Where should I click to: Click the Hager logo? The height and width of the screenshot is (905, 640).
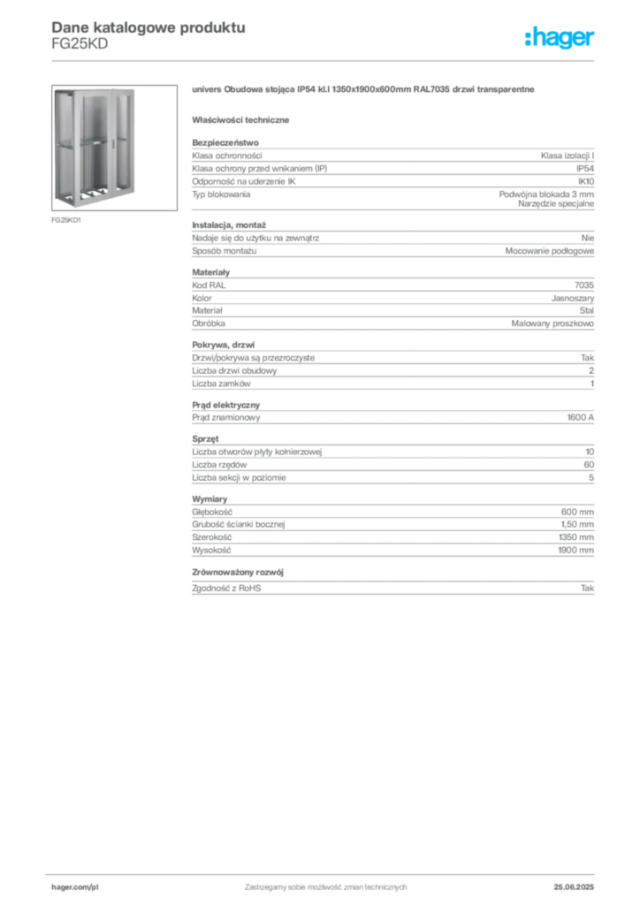click(x=560, y=37)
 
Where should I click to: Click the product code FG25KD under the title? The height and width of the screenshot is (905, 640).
click(x=80, y=44)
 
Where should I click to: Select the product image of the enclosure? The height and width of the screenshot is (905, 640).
click(x=114, y=148)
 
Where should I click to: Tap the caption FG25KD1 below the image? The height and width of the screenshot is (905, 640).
click(x=66, y=220)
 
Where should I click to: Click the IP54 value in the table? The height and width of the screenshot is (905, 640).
click(x=585, y=169)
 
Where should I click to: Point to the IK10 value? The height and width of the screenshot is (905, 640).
click(x=586, y=181)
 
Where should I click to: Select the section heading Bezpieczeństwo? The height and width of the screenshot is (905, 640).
click(x=225, y=142)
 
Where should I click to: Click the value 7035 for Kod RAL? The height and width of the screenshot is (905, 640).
click(x=584, y=285)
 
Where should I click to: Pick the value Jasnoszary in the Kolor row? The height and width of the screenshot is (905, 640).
click(x=573, y=299)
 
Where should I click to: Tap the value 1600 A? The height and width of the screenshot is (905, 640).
click(x=581, y=417)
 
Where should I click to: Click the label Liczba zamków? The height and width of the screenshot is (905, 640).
click(x=221, y=384)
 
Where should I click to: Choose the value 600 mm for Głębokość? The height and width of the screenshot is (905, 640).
click(x=577, y=512)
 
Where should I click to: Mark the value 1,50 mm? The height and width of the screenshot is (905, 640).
click(x=577, y=525)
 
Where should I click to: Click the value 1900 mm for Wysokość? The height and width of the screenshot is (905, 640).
click(x=576, y=550)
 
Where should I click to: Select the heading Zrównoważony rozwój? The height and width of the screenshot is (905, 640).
click(x=238, y=572)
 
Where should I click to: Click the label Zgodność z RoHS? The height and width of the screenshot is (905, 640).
click(x=226, y=588)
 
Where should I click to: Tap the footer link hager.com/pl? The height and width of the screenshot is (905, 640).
click(x=75, y=887)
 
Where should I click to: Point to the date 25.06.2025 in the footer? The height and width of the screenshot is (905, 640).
click(x=574, y=887)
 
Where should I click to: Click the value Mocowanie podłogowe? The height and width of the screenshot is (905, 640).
click(x=550, y=251)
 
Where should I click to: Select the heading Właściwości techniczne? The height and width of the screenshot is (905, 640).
click(x=240, y=120)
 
